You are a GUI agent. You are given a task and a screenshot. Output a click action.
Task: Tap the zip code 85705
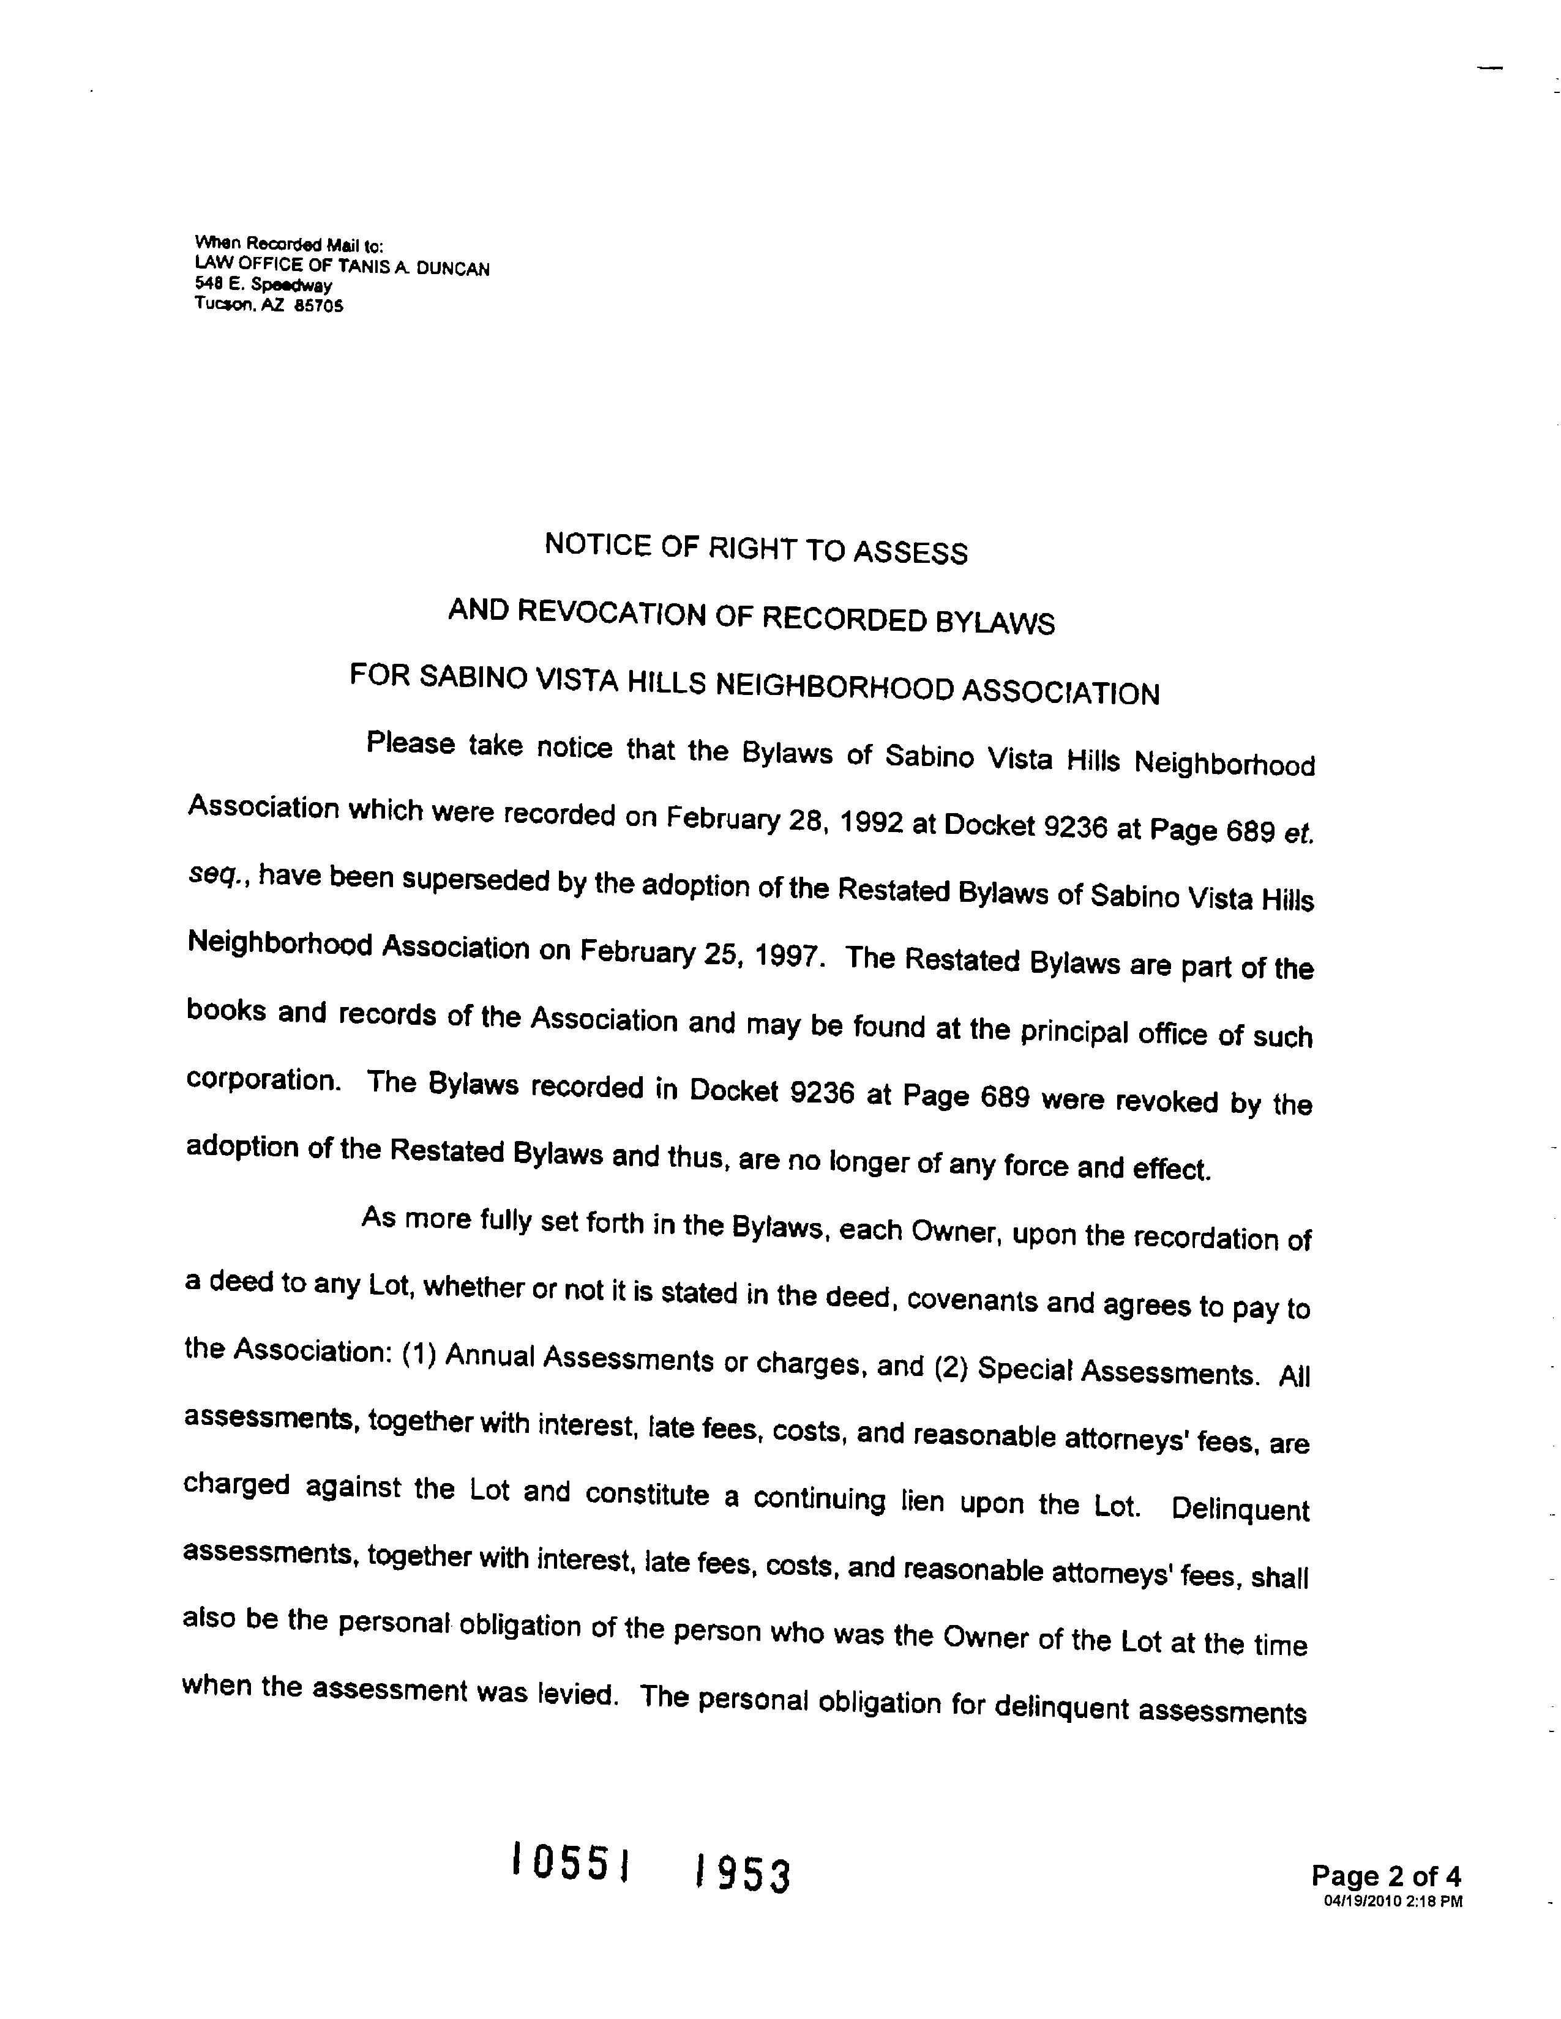click(x=318, y=305)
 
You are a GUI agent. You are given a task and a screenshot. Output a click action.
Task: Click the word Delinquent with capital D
click(x=1239, y=1509)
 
